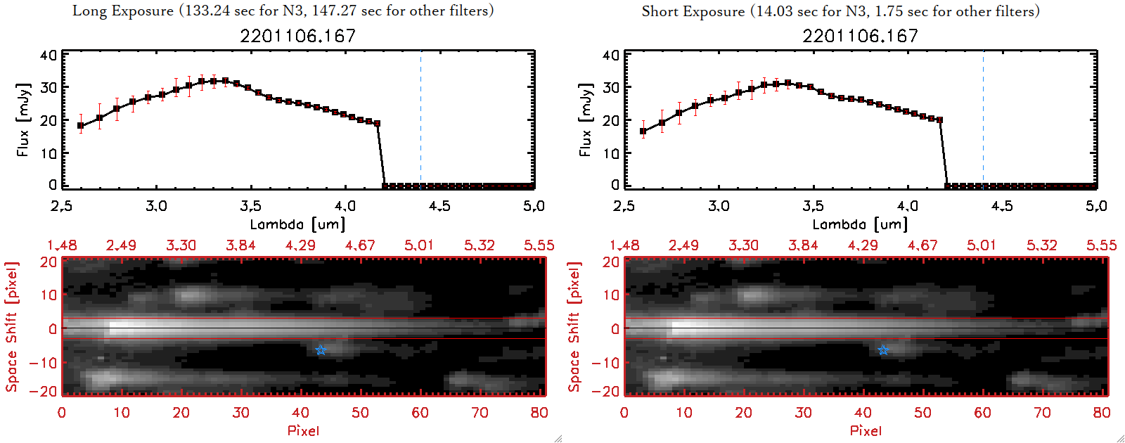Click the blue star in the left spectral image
click(321, 350)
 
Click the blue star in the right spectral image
click(883, 350)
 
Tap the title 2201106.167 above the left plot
click(298, 36)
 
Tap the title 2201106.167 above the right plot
click(861, 36)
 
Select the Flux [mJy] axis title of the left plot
click(23, 120)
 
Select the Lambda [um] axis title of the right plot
click(860, 224)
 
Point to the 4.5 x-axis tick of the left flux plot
click(439, 206)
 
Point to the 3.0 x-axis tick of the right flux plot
click(719, 206)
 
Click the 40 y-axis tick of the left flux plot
click(49, 56)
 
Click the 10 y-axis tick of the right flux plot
click(611, 153)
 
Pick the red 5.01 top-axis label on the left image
click(419, 245)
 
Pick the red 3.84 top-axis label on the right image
click(803, 245)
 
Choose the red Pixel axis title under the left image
click(303, 430)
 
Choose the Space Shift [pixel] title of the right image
click(574, 327)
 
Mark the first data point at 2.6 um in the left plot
click(81, 127)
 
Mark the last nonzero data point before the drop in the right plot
click(940, 120)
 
